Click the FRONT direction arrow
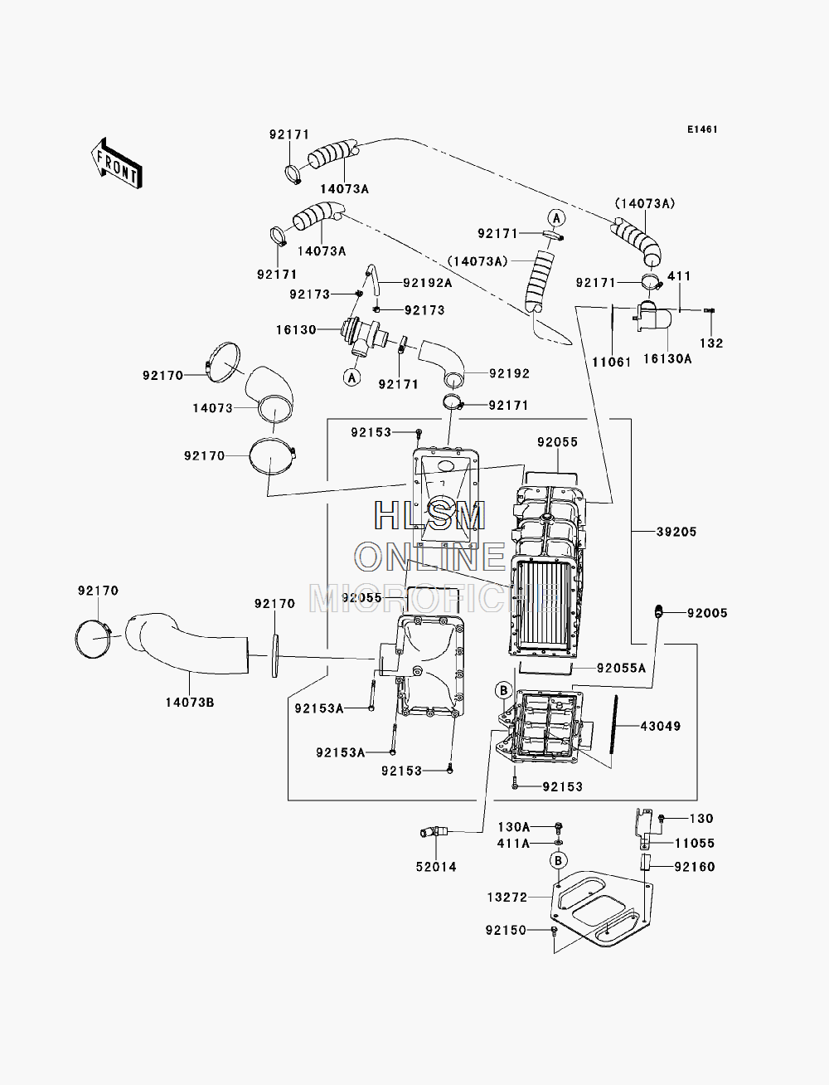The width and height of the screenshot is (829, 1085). tap(117, 164)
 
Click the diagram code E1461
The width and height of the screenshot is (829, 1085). tap(702, 129)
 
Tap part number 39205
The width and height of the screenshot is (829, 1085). tap(676, 532)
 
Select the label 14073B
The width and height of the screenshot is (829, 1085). tap(190, 703)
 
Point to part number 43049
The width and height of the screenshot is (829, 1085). tap(661, 726)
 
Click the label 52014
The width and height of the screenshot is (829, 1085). tap(436, 867)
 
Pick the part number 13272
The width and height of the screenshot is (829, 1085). tap(507, 898)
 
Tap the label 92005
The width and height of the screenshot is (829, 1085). tap(707, 613)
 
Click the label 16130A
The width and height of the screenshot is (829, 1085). tap(667, 359)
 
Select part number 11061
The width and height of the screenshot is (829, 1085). tap(612, 362)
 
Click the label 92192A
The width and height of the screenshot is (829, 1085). tap(428, 283)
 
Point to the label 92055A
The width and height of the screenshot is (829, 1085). tap(622, 669)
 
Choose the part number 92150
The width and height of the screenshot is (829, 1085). tap(506, 930)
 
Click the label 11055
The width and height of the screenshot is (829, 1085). tap(695, 844)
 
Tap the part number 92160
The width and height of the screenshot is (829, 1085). tap(695, 867)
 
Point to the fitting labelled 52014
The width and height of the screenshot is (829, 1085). tap(434, 832)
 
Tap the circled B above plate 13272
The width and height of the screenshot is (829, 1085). tap(558, 861)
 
